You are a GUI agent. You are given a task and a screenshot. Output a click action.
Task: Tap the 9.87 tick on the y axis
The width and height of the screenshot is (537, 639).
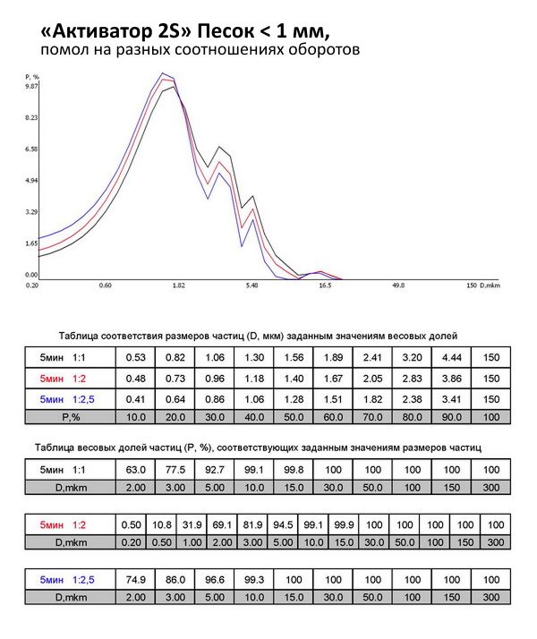[x=31, y=87]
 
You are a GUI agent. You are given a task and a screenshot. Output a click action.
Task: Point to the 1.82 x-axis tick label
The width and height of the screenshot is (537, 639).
[x=178, y=285]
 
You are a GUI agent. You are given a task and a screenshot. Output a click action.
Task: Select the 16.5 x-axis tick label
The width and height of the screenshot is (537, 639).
[x=325, y=285]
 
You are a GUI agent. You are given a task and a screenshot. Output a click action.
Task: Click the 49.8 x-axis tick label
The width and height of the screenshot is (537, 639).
[x=398, y=285]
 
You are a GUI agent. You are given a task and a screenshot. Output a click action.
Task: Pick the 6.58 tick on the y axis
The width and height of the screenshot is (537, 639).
[x=31, y=149]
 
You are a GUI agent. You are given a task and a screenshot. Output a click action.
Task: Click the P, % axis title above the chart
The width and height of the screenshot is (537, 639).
[x=31, y=78]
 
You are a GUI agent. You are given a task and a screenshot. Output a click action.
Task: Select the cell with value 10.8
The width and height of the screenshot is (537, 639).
[x=162, y=524]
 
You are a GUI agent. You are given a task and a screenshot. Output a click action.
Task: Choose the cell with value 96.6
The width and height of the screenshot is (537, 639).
[x=216, y=580]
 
